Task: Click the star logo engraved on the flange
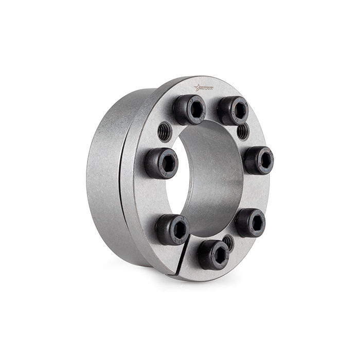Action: click(x=204, y=88)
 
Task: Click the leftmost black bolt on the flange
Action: click(x=161, y=163)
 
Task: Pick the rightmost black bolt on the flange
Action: click(x=258, y=160)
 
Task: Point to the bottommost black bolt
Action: click(x=214, y=254)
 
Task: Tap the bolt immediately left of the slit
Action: click(x=172, y=229)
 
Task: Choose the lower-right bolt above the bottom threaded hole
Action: click(x=250, y=222)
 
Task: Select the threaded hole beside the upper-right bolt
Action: click(x=243, y=131)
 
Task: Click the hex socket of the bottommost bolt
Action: click(x=220, y=254)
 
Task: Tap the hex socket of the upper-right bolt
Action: click(x=239, y=109)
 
